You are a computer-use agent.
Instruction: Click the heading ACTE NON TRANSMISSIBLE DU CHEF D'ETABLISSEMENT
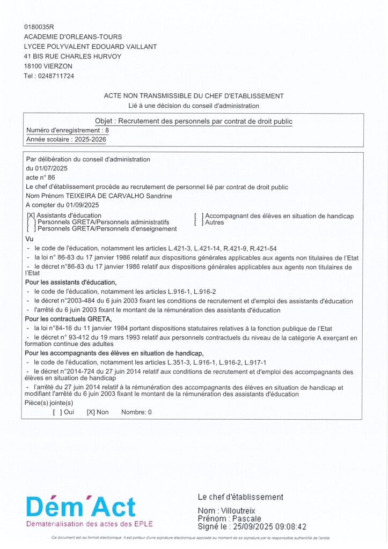click(x=194, y=96)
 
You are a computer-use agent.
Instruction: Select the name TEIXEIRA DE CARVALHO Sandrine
click(x=117, y=196)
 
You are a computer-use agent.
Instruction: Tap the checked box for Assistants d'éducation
click(x=31, y=216)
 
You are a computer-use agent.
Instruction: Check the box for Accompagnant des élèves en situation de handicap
click(x=199, y=216)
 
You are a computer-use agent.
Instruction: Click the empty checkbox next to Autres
click(x=199, y=222)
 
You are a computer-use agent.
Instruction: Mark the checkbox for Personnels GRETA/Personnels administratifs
click(x=31, y=222)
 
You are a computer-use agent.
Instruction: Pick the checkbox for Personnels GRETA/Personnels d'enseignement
click(x=31, y=229)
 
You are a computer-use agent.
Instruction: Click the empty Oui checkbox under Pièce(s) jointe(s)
click(x=57, y=412)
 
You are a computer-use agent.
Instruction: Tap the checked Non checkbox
click(x=91, y=412)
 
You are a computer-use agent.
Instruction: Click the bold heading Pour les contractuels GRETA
click(x=68, y=319)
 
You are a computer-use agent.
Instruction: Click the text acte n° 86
click(x=41, y=177)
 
